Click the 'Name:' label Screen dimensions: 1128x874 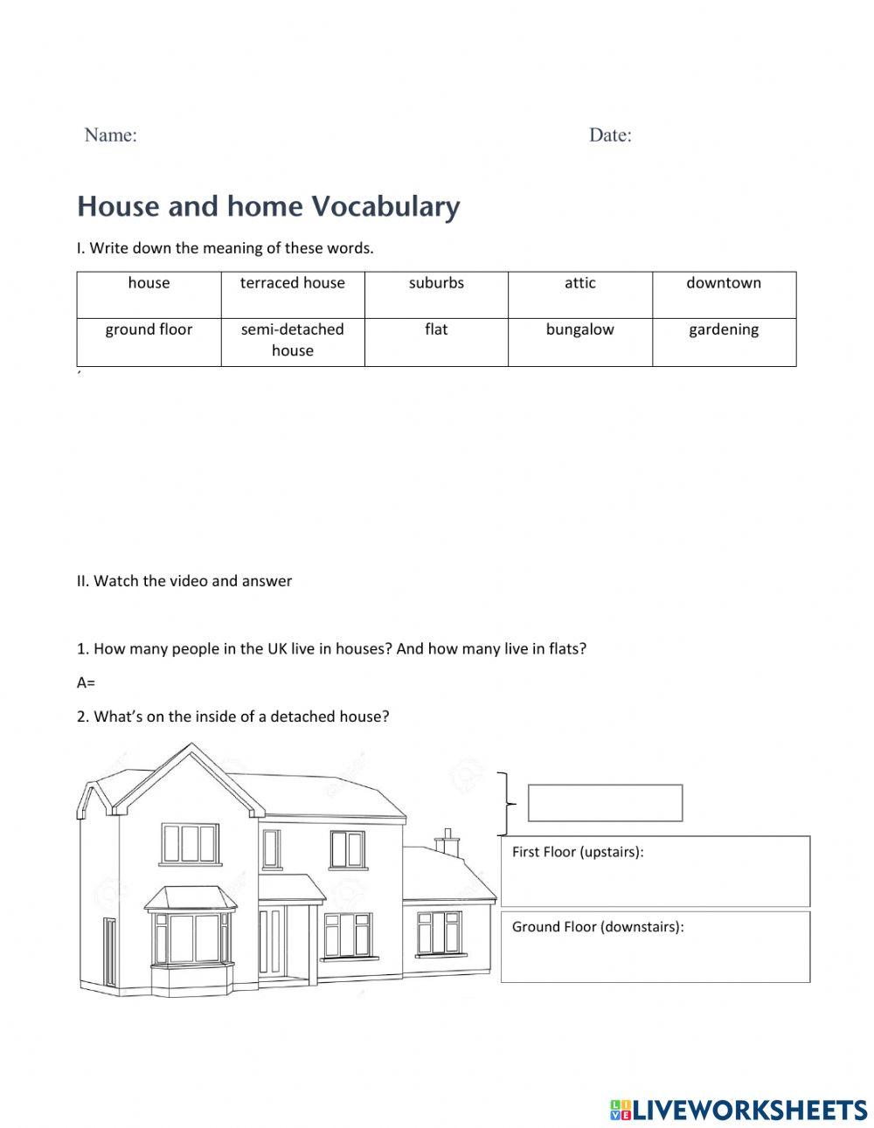pyautogui.click(x=110, y=135)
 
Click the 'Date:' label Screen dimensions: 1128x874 pyautogui.click(x=610, y=135)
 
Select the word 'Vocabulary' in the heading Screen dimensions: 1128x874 pyautogui.click(x=385, y=206)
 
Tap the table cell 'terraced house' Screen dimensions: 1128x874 pyautogui.click(x=292, y=294)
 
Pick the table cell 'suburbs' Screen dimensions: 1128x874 pyautogui.click(x=436, y=294)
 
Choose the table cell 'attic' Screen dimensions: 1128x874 pyautogui.click(x=579, y=294)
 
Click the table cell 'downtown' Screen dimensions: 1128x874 pyautogui.click(x=724, y=294)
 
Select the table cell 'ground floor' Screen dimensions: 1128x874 pyautogui.click(x=149, y=342)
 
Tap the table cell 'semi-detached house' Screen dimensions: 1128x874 pyautogui.click(x=292, y=341)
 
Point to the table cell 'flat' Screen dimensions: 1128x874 pyautogui.click(x=436, y=342)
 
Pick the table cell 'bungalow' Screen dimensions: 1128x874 pyautogui.click(x=579, y=342)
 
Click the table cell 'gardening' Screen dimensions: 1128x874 pyautogui.click(x=724, y=342)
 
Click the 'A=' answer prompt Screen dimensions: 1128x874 pyautogui.click(x=86, y=682)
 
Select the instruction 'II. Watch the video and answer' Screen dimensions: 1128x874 pyautogui.click(x=184, y=581)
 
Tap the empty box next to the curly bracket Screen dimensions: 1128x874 pyautogui.click(x=605, y=803)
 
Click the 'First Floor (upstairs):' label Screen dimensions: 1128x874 pyautogui.click(x=578, y=852)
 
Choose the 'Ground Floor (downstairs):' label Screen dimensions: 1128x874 pyautogui.click(x=598, y=927)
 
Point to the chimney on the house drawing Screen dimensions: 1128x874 pyautogui.click(x=447, y=841)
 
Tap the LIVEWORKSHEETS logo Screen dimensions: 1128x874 pyautogui.click(x=739, y=1110)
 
